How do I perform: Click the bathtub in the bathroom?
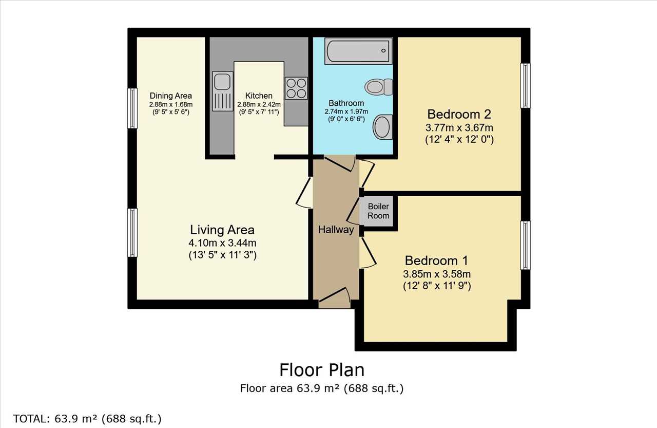[x=358, y=50]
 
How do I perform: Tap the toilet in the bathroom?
[x=379, y=87]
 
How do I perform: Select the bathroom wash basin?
[x=383, y=127]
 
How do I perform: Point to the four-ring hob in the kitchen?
[x=296, y=88]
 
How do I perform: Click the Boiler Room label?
[x=378, y=211]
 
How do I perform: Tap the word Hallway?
[x=336, y=230]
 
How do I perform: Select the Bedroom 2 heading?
[x=459, y=114]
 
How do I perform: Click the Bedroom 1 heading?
[x=436, y=260]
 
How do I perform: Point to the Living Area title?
[x=222, y=230]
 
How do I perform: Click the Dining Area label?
[x=171, y=96]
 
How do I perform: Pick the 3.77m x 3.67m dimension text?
[x=459, y=128]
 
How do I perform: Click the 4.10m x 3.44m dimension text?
[x=222, y=243]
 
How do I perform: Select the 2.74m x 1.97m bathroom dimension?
[x=346, y=111]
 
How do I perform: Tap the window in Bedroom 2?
[x=525, y=85]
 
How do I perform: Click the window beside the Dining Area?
[x=132, y=108]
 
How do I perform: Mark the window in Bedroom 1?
[x=525, y=246]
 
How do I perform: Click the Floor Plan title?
[x=322, y=370]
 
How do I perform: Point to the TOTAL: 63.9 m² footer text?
[x=87, y=419]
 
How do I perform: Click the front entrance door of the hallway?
[x=334, y=295]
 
